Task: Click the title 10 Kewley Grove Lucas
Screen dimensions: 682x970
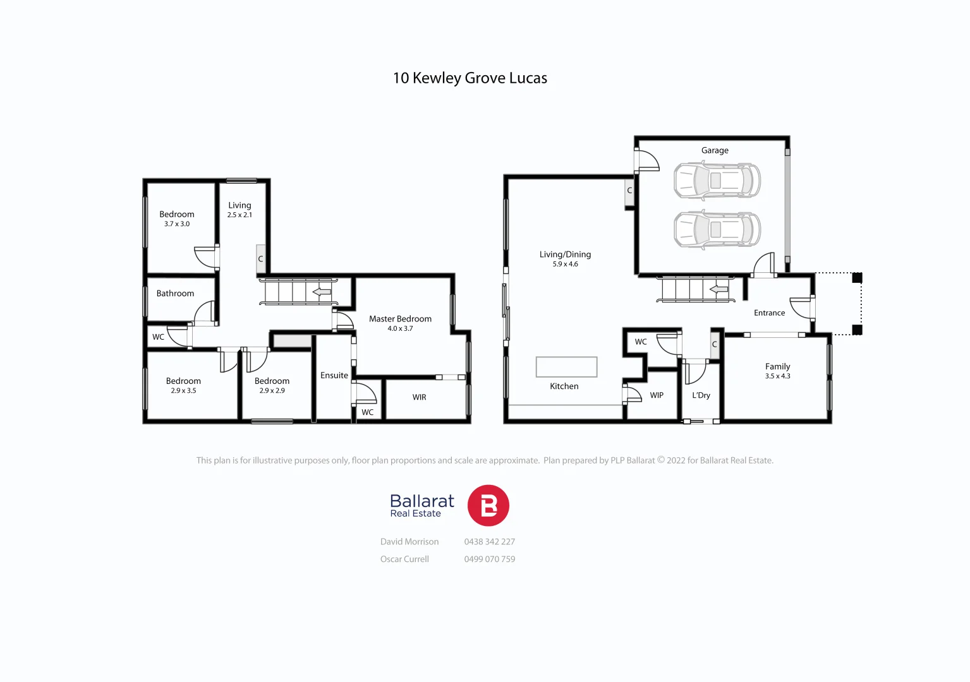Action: click(470, 78)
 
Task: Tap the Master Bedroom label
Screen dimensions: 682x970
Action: click(400, 319)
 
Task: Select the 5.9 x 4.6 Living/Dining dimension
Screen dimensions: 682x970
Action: click(565, 265)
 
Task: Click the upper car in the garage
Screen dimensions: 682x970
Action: click(717, 181)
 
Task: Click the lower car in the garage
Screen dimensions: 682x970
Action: click(717, 229)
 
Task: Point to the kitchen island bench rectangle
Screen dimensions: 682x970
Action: click(566, 367)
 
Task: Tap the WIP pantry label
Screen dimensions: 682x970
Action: click(657, 395)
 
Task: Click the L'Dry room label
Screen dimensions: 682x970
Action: click(701, 395)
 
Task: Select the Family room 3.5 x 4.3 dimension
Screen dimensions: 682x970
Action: click(777, 376)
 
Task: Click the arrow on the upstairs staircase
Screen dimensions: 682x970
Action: click(322, 292)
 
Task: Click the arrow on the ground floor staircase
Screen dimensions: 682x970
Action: click(719, 290)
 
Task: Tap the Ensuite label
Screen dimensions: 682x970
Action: click(334, 375)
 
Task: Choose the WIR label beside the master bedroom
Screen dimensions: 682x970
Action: click(419, 397)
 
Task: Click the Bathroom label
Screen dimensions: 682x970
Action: click(175, 294)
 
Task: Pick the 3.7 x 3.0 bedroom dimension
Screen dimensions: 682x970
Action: click(176, 224)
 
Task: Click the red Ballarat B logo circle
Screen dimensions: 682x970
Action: click(488, 506)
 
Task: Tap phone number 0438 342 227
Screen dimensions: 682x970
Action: click(489, 542)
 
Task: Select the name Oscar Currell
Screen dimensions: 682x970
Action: click(404, 559)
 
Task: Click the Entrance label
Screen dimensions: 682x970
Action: click(769, 313)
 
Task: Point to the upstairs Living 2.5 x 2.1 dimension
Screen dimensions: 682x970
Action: click(239, 215)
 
